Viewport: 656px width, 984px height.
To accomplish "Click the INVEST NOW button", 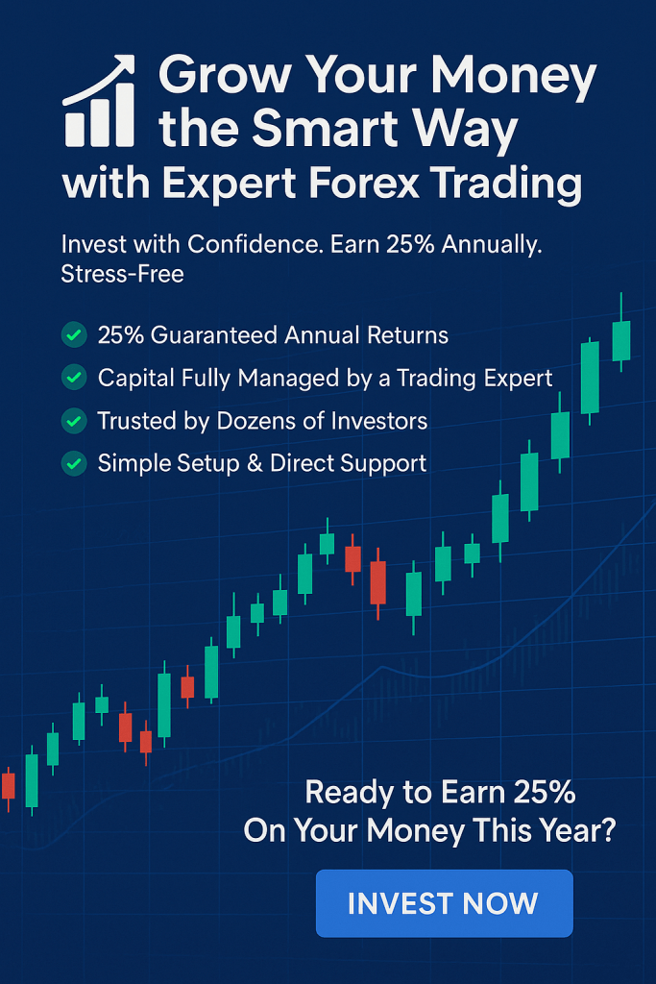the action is click(x=444, y=903).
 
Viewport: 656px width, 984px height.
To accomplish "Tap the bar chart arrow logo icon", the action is click(x=100, y=100).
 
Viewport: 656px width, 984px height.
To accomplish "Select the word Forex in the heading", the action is click(x=364, y=184).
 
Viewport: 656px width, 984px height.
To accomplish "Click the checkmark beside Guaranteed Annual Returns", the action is click(x=74, y=334).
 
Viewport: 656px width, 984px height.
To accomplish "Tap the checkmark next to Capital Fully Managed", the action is click(x=74, y=377).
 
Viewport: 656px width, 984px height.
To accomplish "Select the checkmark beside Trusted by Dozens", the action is click(x=74, y=421).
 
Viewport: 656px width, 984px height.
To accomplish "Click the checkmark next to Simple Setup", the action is click(x=74, y=463).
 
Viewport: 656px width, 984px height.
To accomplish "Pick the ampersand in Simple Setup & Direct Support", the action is click(x=255, y=463).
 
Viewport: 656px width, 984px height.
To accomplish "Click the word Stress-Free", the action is click(x=122, y=274).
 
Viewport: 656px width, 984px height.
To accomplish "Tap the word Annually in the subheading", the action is click(x=492, y=244).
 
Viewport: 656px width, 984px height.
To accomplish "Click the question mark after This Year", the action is click(x=607, y=829).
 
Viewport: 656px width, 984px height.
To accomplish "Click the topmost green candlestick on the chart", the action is click(x=620, y=341).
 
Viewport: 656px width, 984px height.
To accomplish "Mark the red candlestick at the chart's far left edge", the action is click(x=8, y=786).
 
